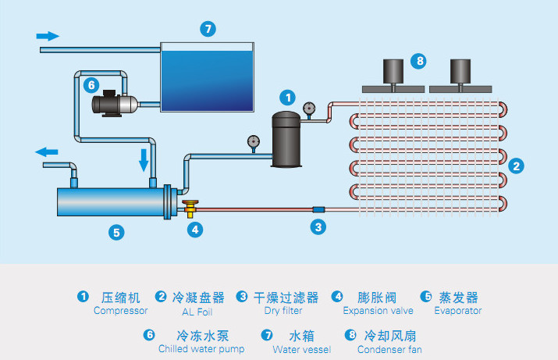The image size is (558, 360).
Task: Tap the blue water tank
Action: (x=207, y=77)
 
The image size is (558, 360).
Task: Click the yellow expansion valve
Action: (x=191, y=209)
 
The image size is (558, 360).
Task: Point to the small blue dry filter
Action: (x=318, y=209)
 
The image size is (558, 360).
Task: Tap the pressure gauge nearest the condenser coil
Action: (x=310, y=109)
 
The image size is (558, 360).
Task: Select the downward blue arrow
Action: (x=144, y=160)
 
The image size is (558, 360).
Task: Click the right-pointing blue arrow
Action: (x=48, y=36)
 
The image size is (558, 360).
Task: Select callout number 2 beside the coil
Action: (x=516, y=165)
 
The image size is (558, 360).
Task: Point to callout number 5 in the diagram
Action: (x=116, y=231)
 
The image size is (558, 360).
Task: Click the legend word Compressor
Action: (x=120, y=311)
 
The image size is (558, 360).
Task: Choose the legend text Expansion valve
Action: (x=378, y=311)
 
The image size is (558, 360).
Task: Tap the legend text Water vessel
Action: (x=302, y=350)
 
